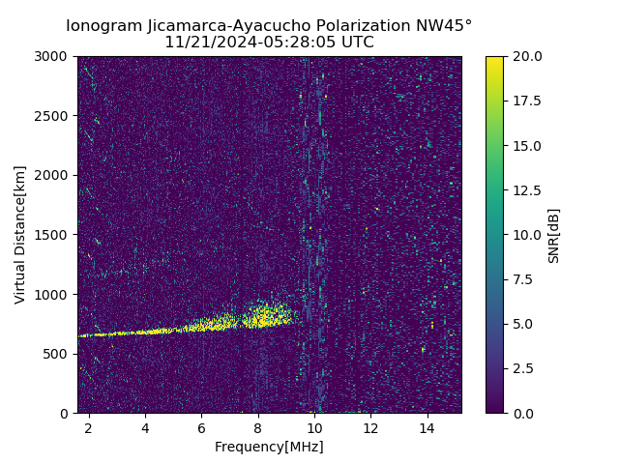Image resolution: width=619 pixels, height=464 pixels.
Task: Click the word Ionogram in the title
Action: pos(100,26)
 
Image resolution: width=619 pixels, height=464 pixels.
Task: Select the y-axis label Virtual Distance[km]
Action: pos(20,235)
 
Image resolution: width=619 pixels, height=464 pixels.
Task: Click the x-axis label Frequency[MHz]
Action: pos(269,447)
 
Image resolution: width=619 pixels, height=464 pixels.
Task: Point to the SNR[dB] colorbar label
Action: pos(554,235)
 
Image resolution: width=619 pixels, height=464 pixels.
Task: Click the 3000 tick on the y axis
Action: pos(55,56)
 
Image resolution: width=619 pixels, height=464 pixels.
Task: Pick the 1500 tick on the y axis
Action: pos(55,235)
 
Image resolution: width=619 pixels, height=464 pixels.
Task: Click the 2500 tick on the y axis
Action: pos(55,116)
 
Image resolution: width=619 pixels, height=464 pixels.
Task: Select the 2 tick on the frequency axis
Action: pos(89,427)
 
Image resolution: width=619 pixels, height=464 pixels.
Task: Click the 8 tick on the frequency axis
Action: pos(258,427)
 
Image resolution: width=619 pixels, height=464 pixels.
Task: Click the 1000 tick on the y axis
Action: pos(55,294)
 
